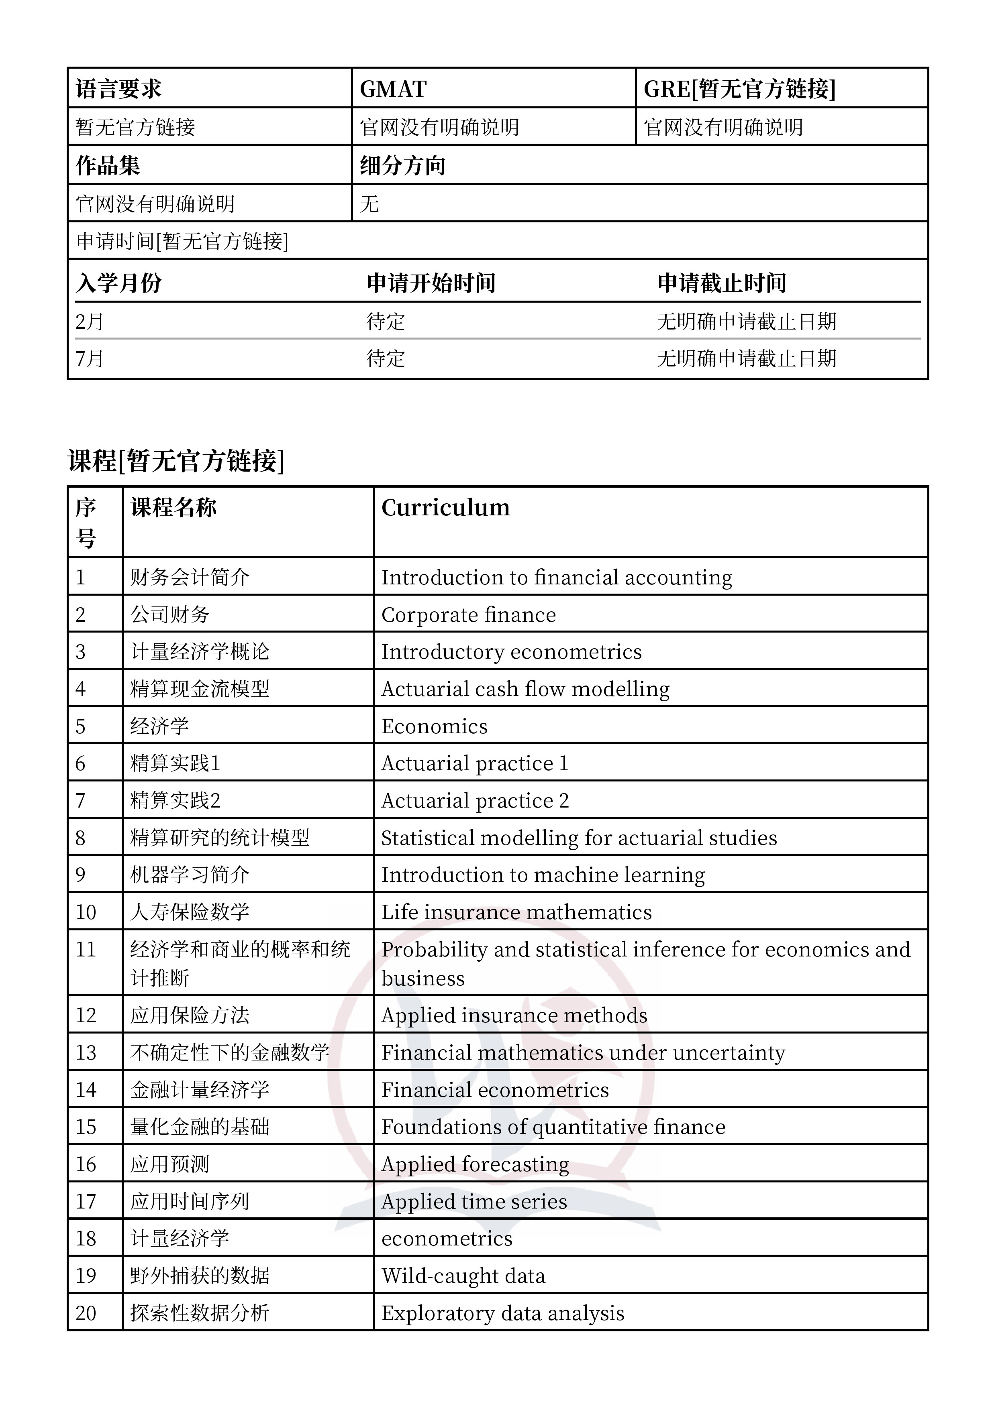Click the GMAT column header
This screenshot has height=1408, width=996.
pos(393,90)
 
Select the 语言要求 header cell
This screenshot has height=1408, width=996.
pos(118,90)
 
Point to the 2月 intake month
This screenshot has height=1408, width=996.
pos(90,321)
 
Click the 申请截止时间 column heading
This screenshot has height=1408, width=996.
pos(722,283)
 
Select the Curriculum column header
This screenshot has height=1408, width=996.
pos(445,508)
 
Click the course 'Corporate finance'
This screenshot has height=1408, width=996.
pos(469,614)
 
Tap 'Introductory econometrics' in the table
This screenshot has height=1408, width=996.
pos(511,652)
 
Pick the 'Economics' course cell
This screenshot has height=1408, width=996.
pos(435,726)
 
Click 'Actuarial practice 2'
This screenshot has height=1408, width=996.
pos(475,801)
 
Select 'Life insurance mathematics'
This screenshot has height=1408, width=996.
pos(516,912)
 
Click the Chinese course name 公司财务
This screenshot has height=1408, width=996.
pos(170,614)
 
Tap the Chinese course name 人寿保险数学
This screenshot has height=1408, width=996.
pos(190,912)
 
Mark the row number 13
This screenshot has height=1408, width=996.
pos(86,1053)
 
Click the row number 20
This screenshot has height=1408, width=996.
pos(86,1313)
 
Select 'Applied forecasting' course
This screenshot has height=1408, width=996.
pos(475,1164)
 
